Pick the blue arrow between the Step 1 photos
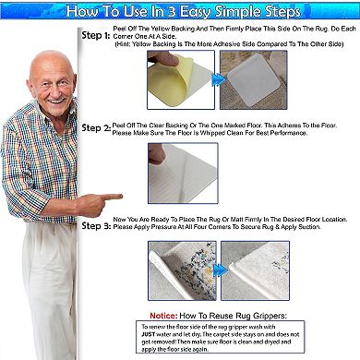click(x=219, y=80)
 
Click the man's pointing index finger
click(x=116, y=196)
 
